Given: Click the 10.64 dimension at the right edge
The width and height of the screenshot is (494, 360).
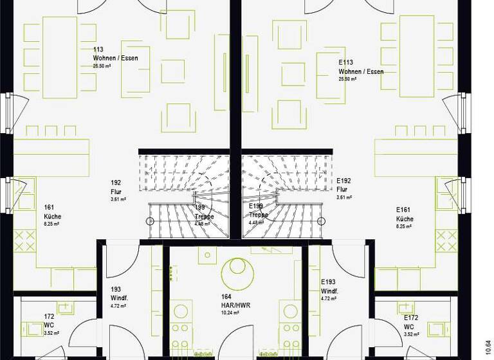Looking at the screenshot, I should [x=488, y=348].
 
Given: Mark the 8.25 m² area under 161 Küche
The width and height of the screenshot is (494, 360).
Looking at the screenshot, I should [x=51, y=224].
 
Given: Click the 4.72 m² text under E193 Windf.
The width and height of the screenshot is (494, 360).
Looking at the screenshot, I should [x=329, y=299].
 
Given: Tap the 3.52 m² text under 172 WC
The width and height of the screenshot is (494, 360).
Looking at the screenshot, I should [x=51, y=333].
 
